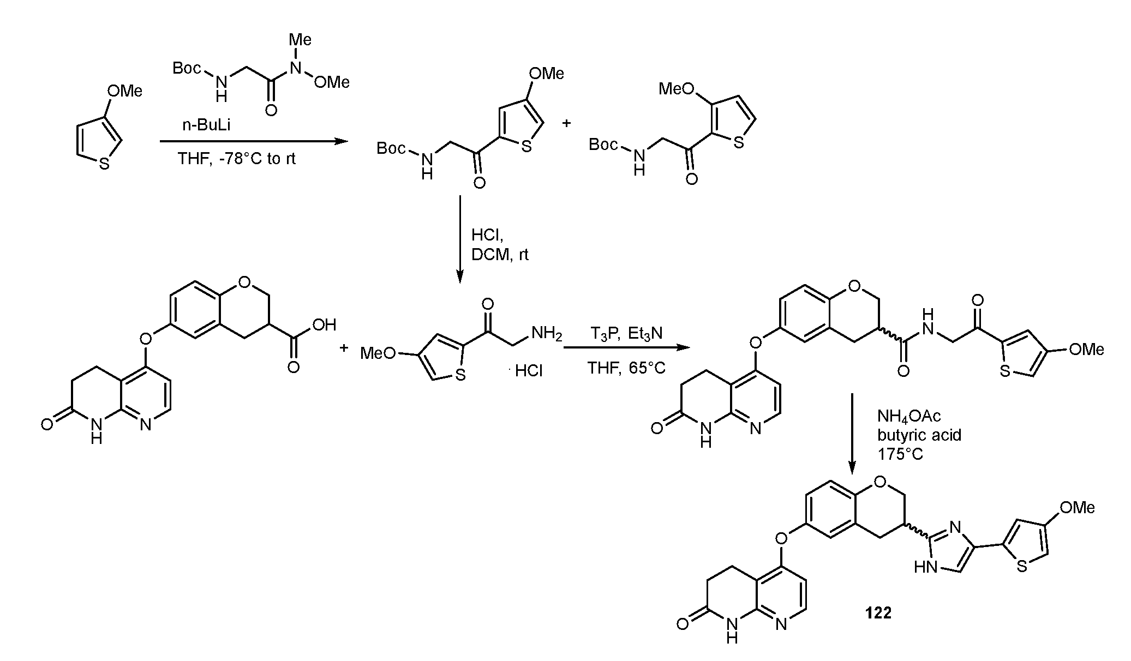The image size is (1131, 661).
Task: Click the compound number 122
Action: coord(878,613)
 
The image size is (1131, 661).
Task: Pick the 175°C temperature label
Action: coord(901,454)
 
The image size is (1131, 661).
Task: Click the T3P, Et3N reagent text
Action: coord(626,333)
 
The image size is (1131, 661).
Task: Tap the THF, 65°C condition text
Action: coord(626,368)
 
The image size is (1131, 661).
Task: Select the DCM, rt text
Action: coord(500,255)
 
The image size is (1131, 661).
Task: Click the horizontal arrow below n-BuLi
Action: coord(254,142)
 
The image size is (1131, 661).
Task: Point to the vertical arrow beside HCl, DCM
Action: coord(459,239)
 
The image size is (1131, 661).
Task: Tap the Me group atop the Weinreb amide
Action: coord(300,40)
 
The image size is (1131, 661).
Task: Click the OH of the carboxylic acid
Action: coord(324,326)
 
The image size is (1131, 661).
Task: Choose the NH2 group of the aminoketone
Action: coord(546,334)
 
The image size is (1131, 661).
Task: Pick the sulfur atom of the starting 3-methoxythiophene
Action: coord(104,164)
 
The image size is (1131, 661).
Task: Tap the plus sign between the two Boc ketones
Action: coord(566,123)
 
